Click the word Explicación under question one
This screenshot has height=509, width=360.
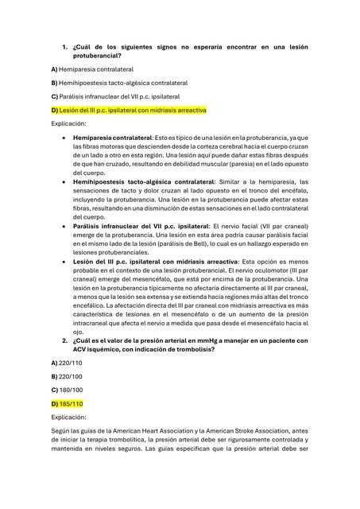pyautogui.click(x=70, y=124)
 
